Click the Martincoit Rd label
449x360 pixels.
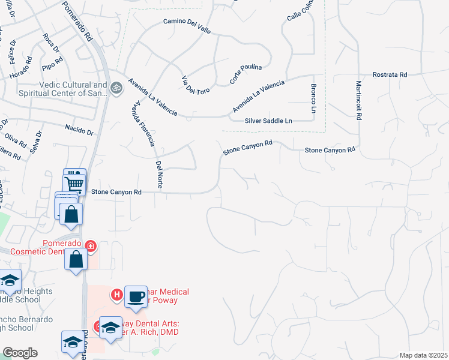[358, 100]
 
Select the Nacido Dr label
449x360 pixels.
[79, 130]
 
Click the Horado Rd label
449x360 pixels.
[20, 69]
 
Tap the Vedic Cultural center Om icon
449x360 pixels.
[116, 88]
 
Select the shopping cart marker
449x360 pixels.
[74, 182]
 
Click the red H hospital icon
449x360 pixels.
[117, 294]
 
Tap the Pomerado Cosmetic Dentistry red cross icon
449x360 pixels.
[91, 245]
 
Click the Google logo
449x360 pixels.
[20, 353]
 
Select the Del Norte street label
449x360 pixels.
[159, 174]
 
